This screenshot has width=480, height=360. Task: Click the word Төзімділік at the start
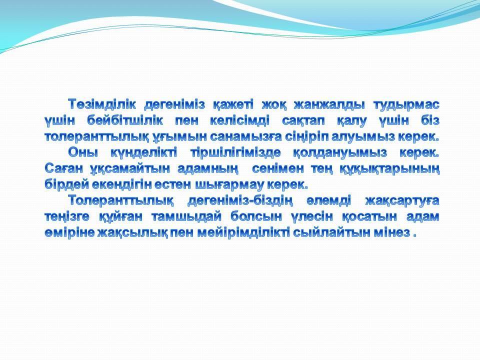click(101, 104)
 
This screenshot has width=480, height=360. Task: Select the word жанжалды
click(329, 104)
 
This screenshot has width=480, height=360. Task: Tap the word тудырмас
click(406, 105)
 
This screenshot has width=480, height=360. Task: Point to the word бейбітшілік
click(125, 120)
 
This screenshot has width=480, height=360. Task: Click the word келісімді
click(239, 120)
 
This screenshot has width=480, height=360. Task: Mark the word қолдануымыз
click(340, 153)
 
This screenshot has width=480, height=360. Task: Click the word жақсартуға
click(402, 201)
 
